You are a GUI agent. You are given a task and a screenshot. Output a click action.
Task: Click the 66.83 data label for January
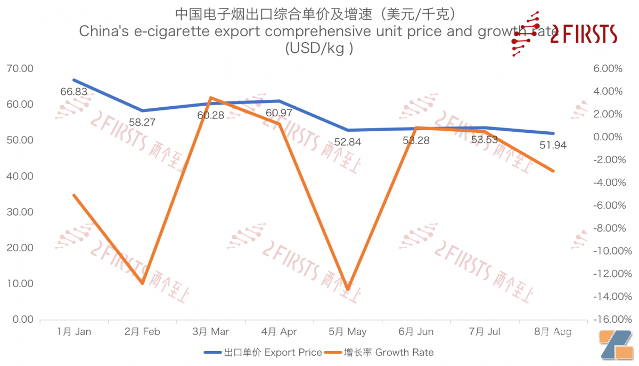tap(73, 92)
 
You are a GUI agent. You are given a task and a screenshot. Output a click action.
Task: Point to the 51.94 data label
tap(553, 145)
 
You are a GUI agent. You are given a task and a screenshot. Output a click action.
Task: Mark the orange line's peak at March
tap(211, 98)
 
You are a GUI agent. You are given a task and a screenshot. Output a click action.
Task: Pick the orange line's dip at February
tap(142, 283)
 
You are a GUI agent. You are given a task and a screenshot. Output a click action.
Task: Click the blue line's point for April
tap(279, 101)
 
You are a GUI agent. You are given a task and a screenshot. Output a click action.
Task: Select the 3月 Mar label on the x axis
tap(211, 332)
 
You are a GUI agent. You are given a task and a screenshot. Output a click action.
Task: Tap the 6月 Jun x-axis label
tap(416, 332)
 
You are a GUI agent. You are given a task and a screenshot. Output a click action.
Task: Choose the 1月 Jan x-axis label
tap(74, 332)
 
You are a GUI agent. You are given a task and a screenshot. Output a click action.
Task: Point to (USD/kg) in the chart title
tap(319, 48)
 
